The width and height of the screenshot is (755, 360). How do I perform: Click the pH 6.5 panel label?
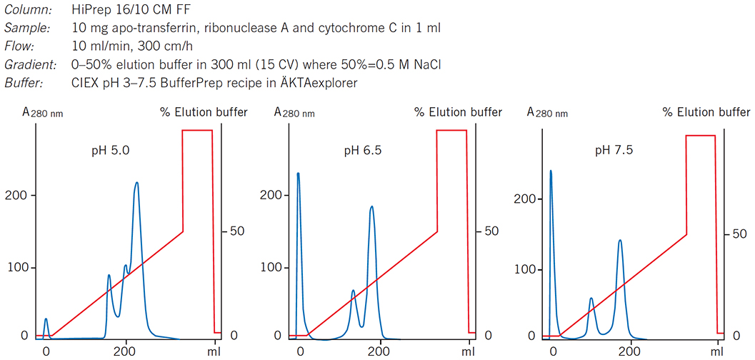[364, 151]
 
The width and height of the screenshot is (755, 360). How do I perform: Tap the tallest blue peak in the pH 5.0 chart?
[136, 184]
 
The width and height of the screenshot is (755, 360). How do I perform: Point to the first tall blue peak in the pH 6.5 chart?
[298, 174]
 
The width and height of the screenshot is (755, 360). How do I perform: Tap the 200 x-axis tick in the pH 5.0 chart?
[126, 351]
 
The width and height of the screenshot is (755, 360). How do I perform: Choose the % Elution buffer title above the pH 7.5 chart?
[706, 112]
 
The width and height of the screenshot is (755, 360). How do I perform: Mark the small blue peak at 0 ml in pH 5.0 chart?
[46, 320]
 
